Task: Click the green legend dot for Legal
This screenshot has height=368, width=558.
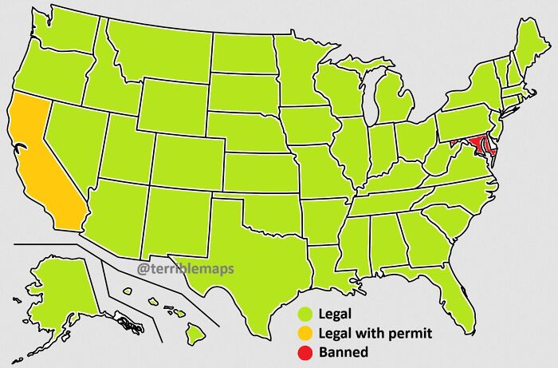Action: tap(305, 314)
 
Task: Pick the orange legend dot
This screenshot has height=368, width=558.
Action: tap(305, 332)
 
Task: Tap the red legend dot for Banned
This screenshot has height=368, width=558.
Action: tap(305, 351)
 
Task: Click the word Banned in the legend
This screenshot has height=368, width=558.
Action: tap(343, 351)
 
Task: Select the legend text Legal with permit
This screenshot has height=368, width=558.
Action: tap(375, 332)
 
